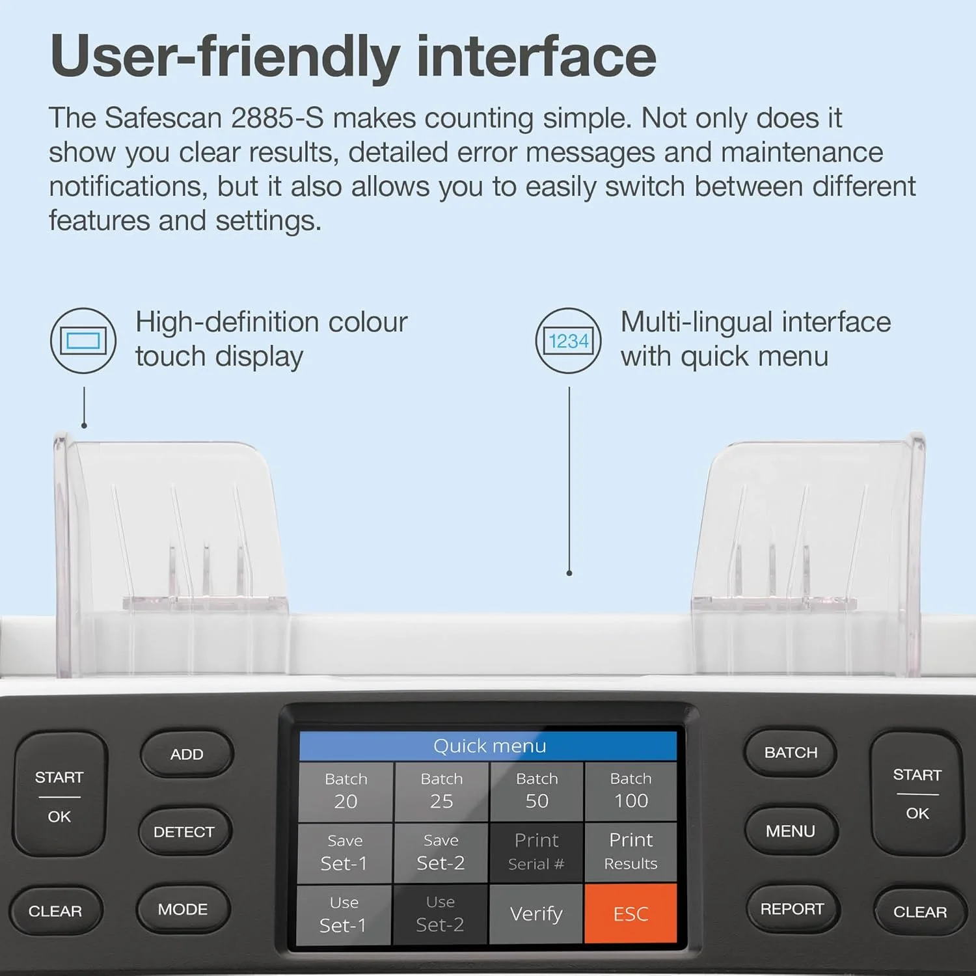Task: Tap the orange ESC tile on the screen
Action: [x=630, y=913]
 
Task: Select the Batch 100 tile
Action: [x=630, y=791]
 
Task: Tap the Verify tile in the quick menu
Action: [x=536, y=913]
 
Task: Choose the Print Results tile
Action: [x=630, y=852]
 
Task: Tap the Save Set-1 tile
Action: [x=345, y=853]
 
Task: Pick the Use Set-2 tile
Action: [x=441, y=914]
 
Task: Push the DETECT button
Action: [x=184, y=832]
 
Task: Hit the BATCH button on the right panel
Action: [x=791, y=753]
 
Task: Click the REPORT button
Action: [x=792, y=909]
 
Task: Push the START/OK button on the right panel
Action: [x=917, y=794]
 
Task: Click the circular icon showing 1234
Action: [x=568, y=340]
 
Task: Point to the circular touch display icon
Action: [x=83, y=340]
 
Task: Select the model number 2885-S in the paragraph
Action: [x=277, y=118]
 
